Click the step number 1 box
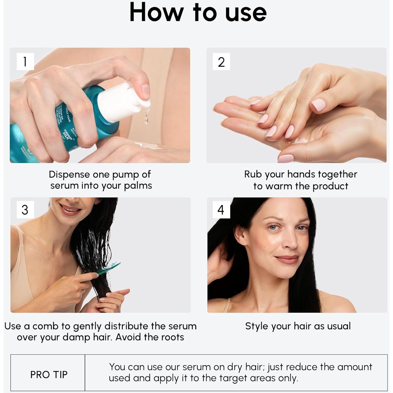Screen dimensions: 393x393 [x=25, y=62]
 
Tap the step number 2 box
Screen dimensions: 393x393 [x=221, y=62]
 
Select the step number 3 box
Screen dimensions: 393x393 [x=25, y=210]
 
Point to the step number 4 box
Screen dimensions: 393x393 [x=221, y=210]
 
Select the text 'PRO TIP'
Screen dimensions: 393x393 [x=49, y=374]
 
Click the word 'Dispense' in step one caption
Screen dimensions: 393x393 [x=69, y=174]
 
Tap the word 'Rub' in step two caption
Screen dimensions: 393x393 [x=253, y=174]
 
